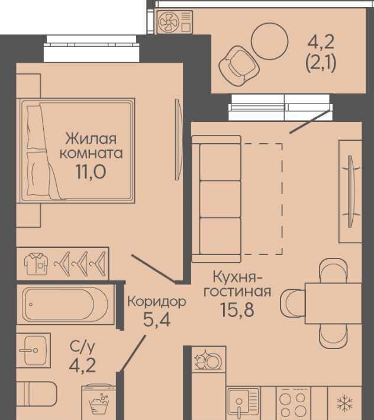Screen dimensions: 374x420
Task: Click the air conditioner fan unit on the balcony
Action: point(175,22)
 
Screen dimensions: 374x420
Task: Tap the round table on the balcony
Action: point(269,41)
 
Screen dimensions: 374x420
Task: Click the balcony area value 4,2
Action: point(321,43)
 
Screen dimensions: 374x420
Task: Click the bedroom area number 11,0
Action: point(91,172)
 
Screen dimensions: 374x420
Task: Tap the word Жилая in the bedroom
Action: point(91,139)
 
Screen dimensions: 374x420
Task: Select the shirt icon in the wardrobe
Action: point(36,264)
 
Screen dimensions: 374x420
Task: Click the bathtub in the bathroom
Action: point(65,304)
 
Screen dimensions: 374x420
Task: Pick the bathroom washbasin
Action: point(34,350)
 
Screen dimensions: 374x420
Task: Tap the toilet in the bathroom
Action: point(37,394)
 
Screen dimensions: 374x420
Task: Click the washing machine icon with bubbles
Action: point(99,402)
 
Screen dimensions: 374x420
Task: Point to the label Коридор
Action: point(157,302)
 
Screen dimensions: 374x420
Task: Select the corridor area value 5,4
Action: point(157,319)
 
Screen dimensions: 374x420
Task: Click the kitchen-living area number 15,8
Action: point(237,309)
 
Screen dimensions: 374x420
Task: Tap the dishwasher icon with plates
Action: point(208,360)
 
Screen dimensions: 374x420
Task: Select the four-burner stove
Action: point(293,403)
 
